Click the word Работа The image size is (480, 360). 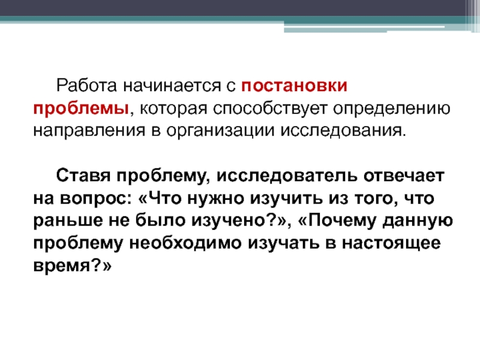(86, 85)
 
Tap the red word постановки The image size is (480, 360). (294, 86)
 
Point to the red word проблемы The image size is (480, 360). (81, 109)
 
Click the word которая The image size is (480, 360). (173, 109)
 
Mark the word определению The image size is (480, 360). (392, 109)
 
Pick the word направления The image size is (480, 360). (89, 131)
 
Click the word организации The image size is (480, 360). (220, 131)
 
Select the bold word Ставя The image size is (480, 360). (83, 176)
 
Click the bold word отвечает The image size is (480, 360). (404, 176)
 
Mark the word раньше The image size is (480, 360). (68, 221)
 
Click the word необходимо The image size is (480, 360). (185, 244)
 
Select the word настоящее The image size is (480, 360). (391, 244)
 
